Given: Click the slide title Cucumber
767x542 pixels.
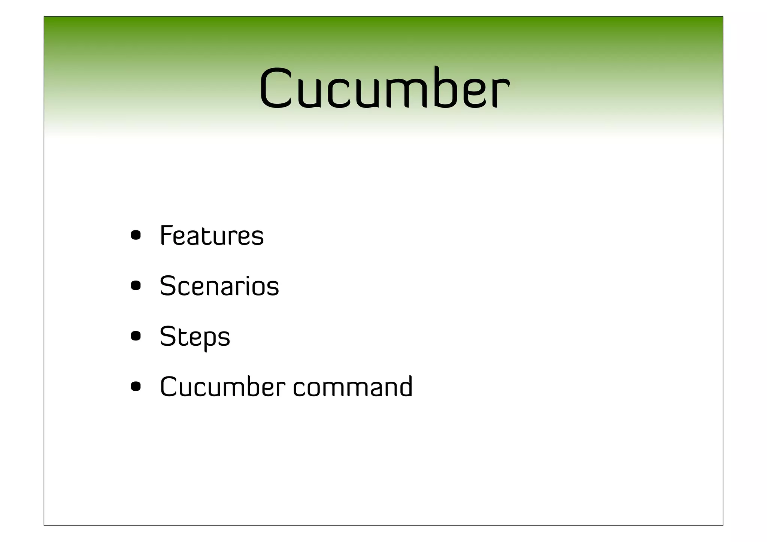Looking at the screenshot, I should [384, 89].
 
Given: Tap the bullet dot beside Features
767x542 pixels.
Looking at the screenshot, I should [136, 236].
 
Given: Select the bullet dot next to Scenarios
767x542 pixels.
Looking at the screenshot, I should [136, 286].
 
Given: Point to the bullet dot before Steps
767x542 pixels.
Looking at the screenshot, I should [136, 336].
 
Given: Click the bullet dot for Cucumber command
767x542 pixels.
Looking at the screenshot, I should [136, 386].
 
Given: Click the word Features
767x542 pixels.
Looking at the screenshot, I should [212, 236].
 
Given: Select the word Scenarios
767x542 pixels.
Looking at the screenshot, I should [219, 286].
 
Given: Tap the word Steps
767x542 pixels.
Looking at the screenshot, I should [195, 337].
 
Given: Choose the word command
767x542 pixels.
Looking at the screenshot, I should [352, 387].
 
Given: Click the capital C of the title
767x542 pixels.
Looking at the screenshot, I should [276, 89].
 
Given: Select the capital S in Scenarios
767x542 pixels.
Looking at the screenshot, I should [168, 286].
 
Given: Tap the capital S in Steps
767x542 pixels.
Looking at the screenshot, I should [168, 336].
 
